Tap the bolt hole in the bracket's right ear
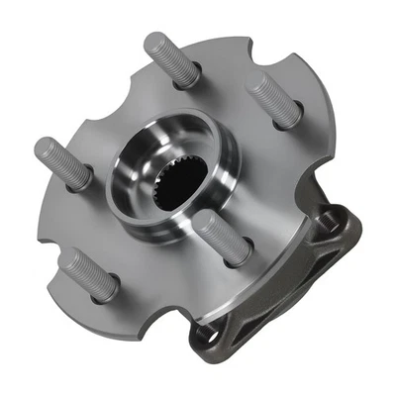[x=347, y=225]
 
